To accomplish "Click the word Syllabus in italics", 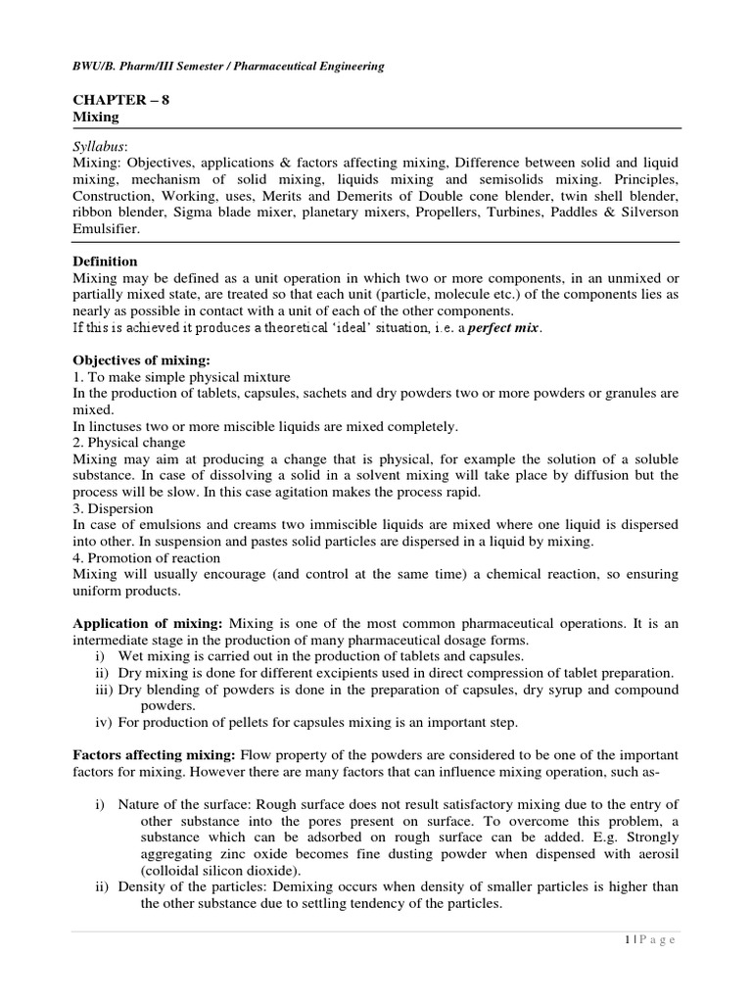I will click(101, 144).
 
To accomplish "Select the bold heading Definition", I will click(106, 262).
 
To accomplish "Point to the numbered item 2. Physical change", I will click(130, 443).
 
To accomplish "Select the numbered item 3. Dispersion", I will click(114, 509).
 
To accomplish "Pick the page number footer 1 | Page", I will click(649, 939).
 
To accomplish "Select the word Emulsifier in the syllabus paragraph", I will click(108, 228).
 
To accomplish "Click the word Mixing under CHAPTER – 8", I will click(96, 117).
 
